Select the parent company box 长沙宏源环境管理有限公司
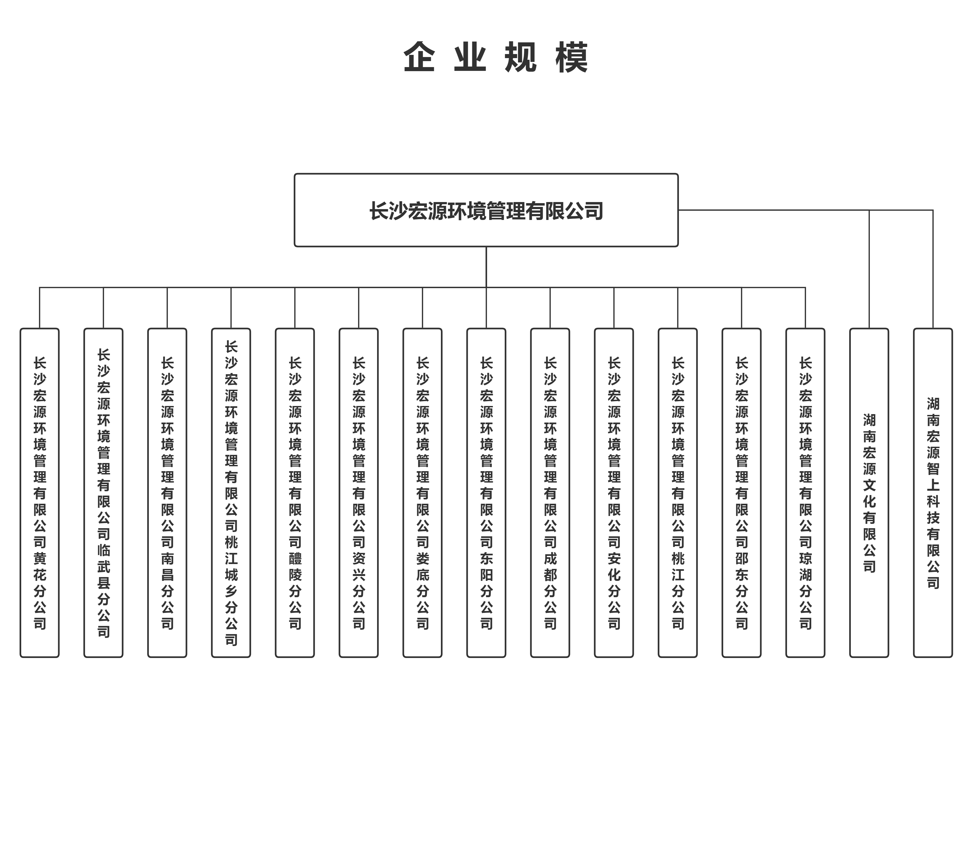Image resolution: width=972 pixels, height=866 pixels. [x=486, y=210]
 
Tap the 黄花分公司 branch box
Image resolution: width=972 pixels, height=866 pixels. [x=39, y=493]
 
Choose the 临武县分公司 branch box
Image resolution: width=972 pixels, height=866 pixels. [x=103, y=493]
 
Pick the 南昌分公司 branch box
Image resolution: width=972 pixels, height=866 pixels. [x=167, y=493]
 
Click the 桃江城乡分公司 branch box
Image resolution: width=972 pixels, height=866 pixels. [x=231, y=493]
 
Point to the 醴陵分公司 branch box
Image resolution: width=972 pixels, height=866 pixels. [x=295, y=493]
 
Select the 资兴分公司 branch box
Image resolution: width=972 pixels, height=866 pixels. [x=358, y=493]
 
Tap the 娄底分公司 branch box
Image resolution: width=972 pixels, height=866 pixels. [x=422, y=493]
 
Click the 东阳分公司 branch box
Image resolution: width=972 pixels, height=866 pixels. [x=486, y=493]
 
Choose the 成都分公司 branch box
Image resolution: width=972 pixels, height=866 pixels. [x=550, y=493]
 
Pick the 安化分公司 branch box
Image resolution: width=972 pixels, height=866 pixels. [x=614, y=493]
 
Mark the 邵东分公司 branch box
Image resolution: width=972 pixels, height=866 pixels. [x=741, y=493]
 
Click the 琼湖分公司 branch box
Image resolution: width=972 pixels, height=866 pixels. [x=805, y=493]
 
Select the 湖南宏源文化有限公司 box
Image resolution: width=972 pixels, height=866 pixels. [x=869, y=493]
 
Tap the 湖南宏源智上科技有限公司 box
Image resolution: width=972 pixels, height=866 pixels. [x=933, y=493]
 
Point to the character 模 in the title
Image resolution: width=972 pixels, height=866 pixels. [x=571, y=57]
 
